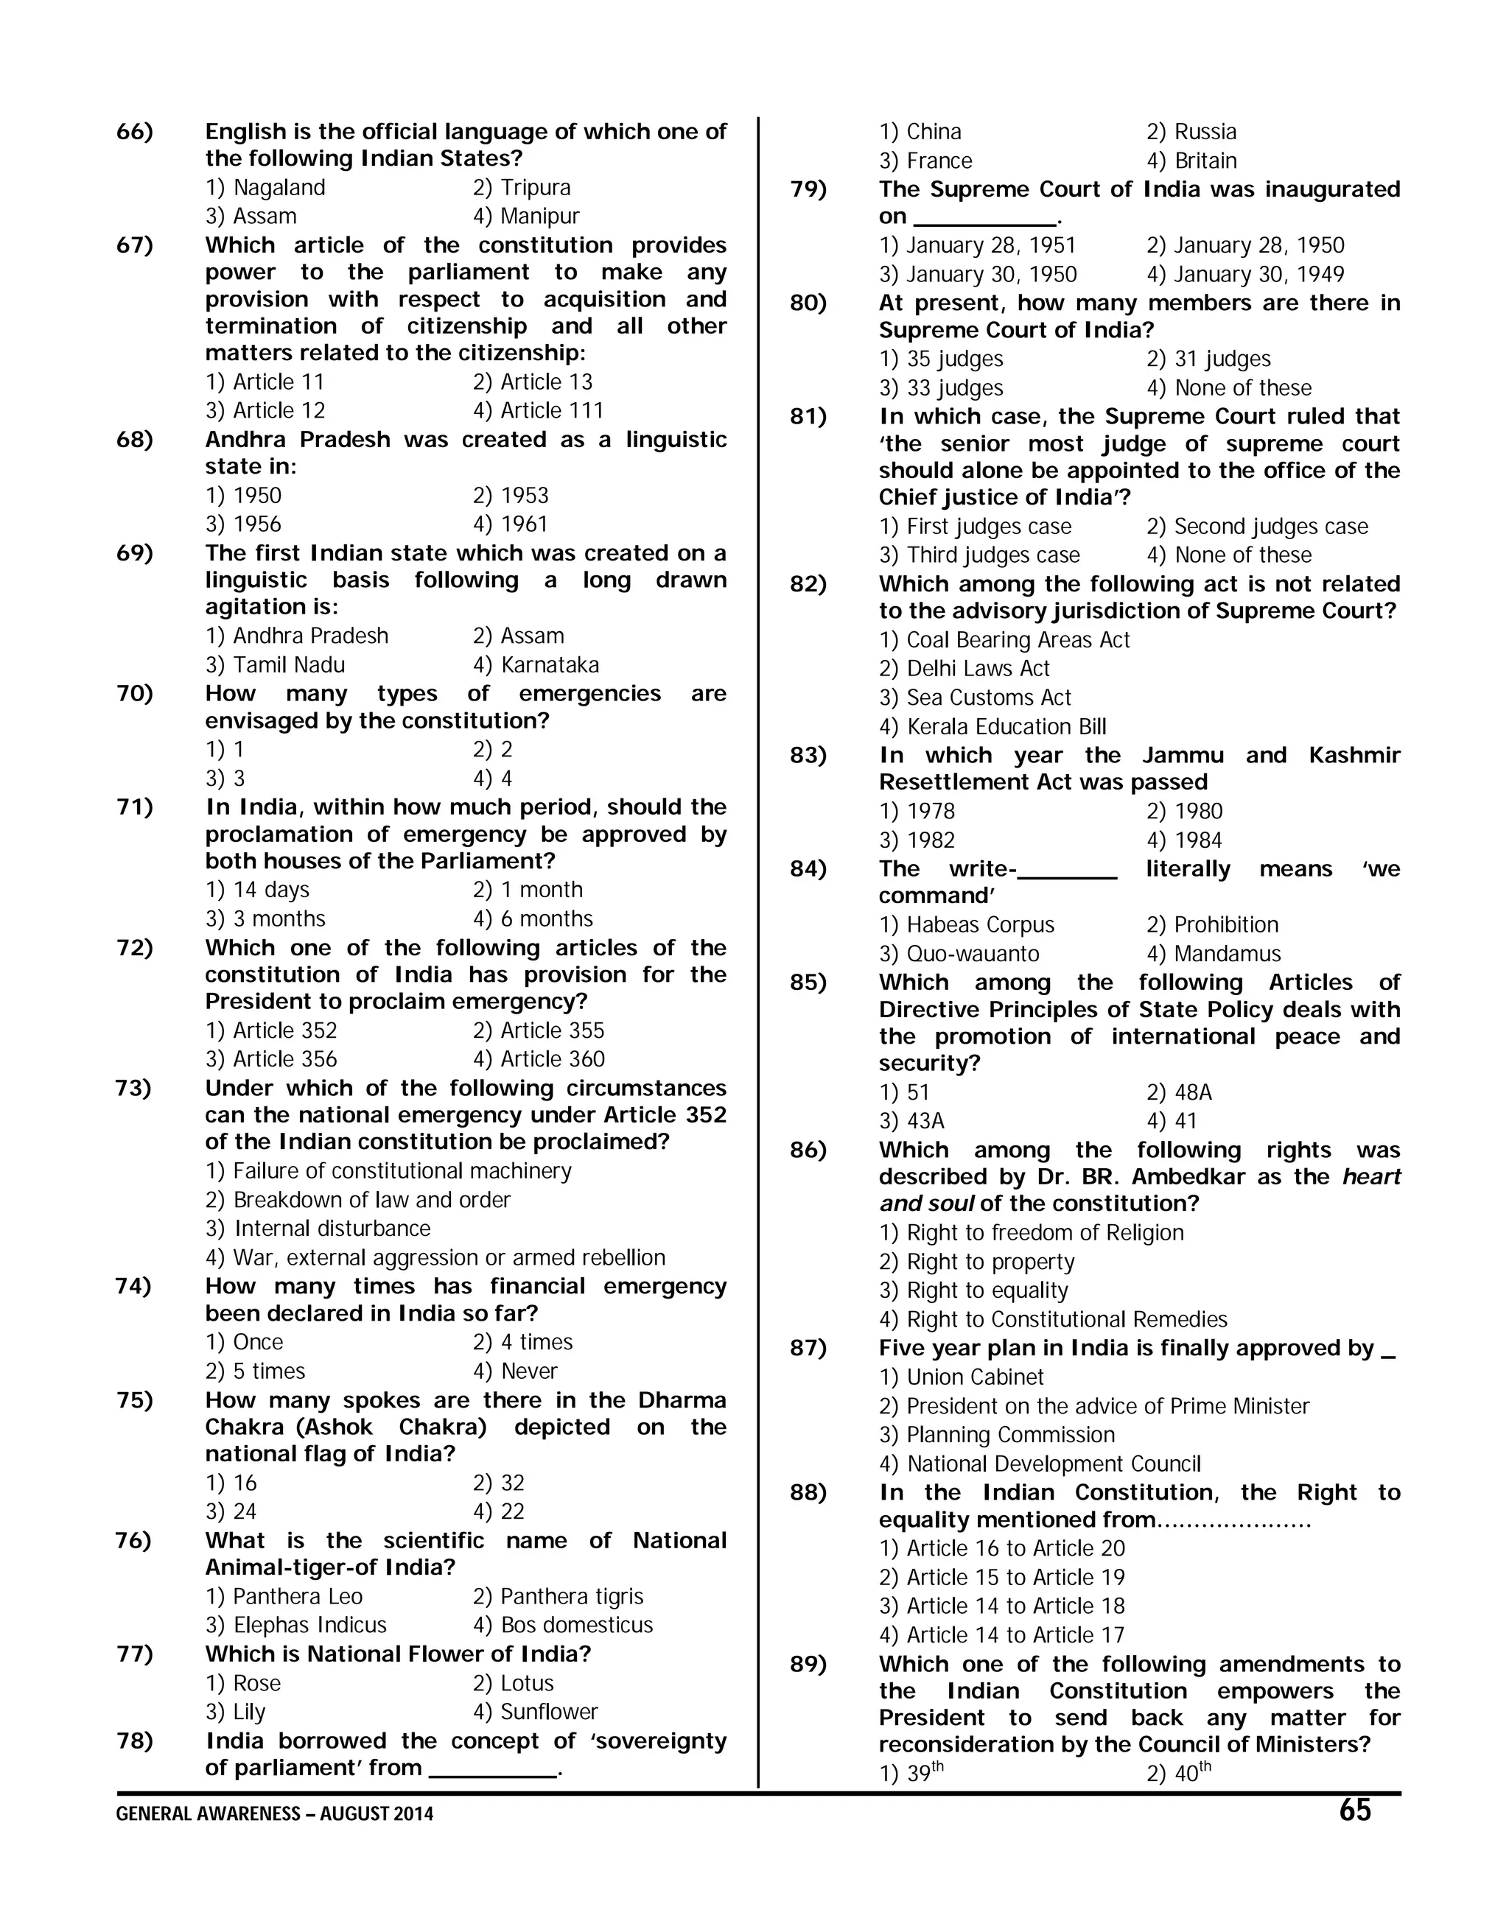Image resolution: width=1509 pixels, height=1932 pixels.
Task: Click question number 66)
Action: (x=135, y=132)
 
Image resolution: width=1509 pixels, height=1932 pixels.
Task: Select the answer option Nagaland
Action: (x=265, y=188)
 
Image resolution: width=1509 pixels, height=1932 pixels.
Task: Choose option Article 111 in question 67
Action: (x=538, y=410)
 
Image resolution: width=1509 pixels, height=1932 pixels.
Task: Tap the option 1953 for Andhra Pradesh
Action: (x=511, y=496)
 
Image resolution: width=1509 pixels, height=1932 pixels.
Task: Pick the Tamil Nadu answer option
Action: (x=276, y=664)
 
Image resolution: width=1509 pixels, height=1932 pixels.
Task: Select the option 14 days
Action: (x=258, y=890)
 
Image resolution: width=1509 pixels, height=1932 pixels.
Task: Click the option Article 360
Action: (x=539, y=1059)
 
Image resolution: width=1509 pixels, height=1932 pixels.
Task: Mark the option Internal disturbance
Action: (x=318, y=1229)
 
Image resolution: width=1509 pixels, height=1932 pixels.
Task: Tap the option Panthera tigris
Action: (x=558, y=1597)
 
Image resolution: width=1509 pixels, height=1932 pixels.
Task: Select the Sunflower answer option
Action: (x=536, y=1712)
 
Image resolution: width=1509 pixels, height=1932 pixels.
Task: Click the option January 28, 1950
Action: (x=1245, y=246)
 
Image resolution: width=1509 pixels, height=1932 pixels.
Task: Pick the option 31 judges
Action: (x=1208, y=359)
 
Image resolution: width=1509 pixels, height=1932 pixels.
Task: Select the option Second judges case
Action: (x=1257, y=527)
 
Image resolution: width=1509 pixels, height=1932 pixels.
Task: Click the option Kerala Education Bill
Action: (x=992, y=727)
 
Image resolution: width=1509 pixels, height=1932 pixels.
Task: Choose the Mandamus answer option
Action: (x=1214, y=955)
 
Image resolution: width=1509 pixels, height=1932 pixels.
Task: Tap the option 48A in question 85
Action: (x=1179, y=1093)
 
